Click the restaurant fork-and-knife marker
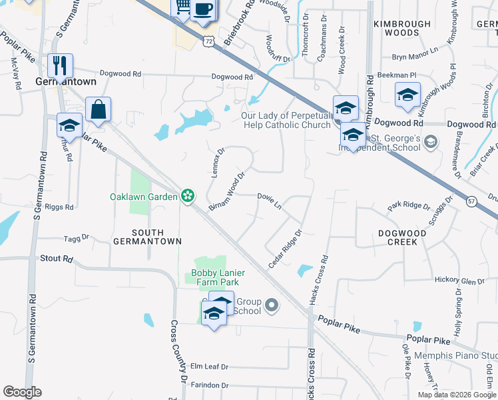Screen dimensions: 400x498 click(x=60, y=65)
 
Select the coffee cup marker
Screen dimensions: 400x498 click(x=204, y=10)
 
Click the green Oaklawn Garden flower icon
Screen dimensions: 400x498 click(x=188, y=196)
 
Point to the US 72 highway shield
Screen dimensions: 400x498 click(x=209, y=41)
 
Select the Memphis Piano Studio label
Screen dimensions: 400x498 click(x=456, y=355)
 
